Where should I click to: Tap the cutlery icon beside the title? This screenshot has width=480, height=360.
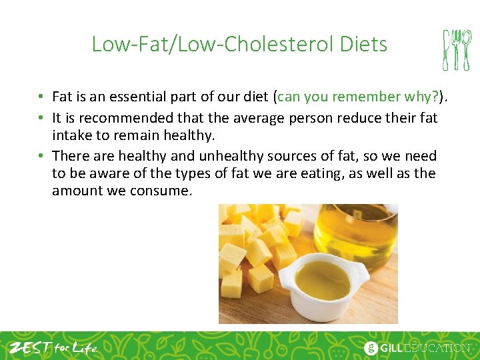457,49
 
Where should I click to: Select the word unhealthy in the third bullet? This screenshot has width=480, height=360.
229,156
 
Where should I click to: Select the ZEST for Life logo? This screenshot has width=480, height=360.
52,347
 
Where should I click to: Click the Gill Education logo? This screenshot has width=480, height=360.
416,347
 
